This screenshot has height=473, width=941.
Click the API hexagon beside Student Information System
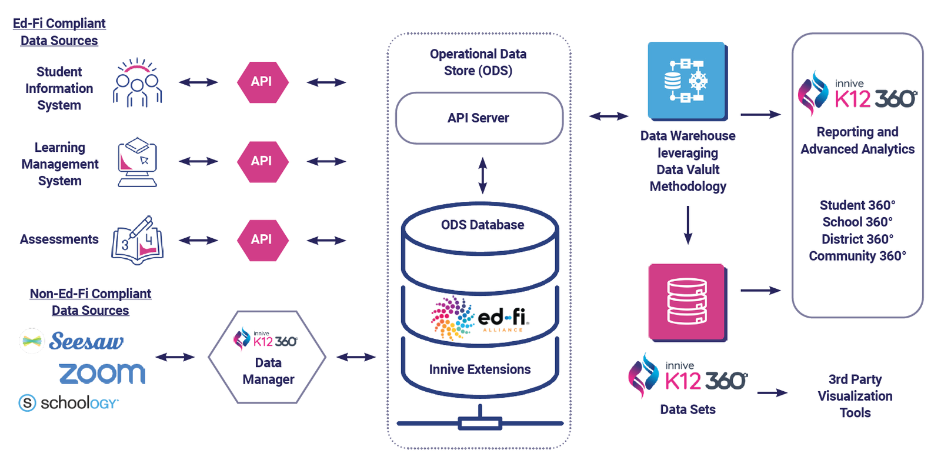(x=262, y=82)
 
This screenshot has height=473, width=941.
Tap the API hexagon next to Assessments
(x=262, y=239)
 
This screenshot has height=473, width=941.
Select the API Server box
(x=479, y=118)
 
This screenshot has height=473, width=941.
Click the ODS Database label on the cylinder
(x=482, y=225)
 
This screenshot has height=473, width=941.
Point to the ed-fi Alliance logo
(x=480, y=318)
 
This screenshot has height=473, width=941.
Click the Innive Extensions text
(x=479, y=369)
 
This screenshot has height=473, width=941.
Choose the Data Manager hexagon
(x=268, y=358)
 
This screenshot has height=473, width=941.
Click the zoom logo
(x=102, y=374)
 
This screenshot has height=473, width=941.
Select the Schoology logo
(x=69, y=403)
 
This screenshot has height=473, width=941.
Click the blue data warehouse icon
(x=686, y=81)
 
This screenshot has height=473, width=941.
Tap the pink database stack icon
(x=686, y=302)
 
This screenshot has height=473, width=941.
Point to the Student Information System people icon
(x=137, y=83)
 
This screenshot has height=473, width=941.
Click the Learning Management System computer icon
(x=137, y=163)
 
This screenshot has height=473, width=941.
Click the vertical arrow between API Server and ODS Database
(x=482, y=175)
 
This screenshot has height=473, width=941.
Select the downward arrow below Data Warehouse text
(x=688, y=225)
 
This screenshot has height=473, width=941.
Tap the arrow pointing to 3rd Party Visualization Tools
(x=772, y=392)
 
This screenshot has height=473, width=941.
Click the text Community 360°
(x=857, y=256)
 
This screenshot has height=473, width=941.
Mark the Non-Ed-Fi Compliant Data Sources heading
(x=91, y=302)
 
